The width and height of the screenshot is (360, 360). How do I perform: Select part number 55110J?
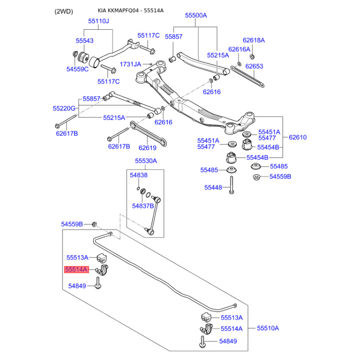tap(99, 21)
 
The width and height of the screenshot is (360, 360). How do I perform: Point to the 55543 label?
tap(85, 40)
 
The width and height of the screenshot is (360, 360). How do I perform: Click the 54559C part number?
tap(77, 69)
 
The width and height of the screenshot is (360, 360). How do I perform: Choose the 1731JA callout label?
tap(130, 64)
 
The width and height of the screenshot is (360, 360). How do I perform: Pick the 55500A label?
tap(196, 15)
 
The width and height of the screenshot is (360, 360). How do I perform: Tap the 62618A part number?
tap(254, 40)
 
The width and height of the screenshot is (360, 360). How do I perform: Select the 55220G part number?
tap(64, 108)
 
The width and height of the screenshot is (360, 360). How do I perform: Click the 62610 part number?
tap(297, 137)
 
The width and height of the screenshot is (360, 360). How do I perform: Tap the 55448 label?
tap(213, 187)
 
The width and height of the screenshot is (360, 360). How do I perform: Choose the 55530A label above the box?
tap(146, 161)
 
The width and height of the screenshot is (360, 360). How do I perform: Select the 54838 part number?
tap(139, 175)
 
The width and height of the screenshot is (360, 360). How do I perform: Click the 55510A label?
tap(268, 328)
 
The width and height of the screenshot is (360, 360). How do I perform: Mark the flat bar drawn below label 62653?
tap(247, 77)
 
